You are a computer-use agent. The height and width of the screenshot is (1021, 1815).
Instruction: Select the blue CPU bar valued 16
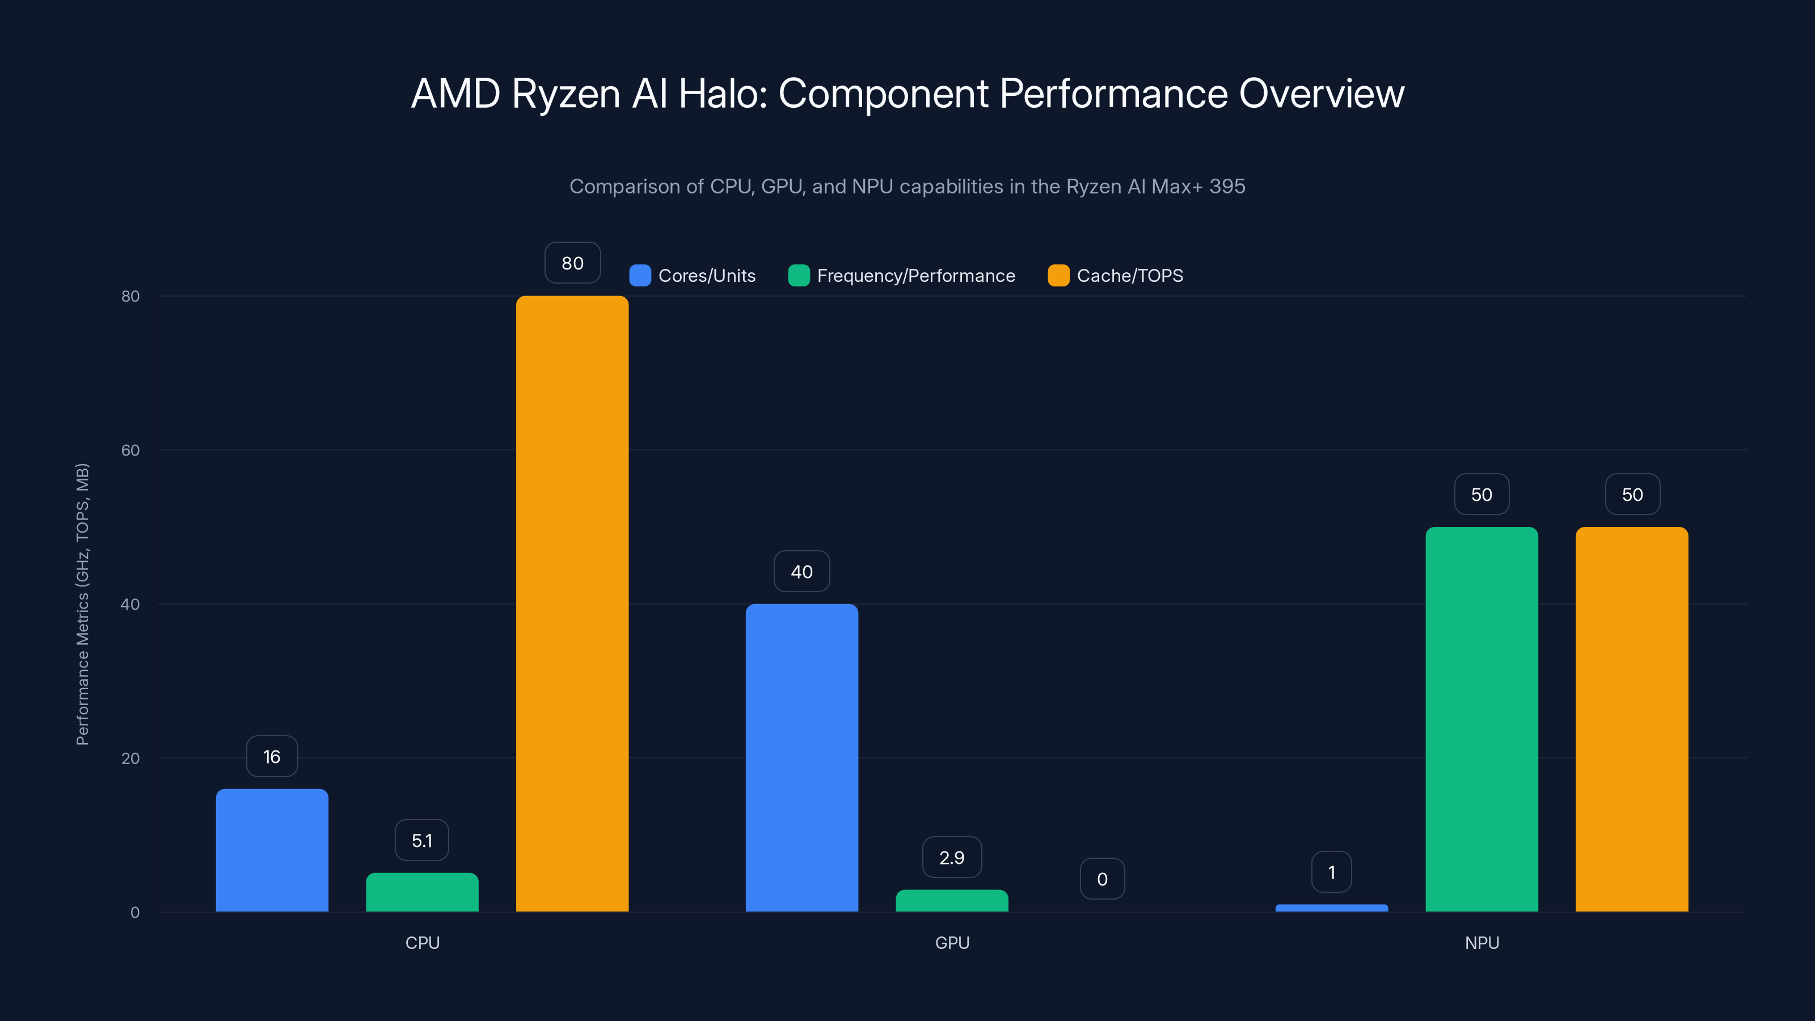(272, 850)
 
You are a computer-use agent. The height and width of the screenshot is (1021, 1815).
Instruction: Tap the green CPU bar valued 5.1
(422, 892)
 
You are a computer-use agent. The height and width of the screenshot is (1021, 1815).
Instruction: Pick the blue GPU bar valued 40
(802, 757)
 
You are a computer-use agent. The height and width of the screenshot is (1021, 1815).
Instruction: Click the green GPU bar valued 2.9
(952, 901)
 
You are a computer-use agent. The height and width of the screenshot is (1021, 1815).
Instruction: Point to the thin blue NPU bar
(1332, 908)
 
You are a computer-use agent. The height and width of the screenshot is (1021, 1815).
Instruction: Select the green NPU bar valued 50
(1481, 719)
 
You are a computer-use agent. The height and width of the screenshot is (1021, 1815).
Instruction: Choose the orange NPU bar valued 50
(1632, 719)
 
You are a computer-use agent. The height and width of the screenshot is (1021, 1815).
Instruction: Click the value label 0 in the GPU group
(1102, 879)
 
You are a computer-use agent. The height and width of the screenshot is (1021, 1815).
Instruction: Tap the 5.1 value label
(422, 840)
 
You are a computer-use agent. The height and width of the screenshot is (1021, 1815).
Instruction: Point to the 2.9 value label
(952, 857)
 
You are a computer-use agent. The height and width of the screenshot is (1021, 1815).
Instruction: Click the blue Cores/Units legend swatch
(640, 276)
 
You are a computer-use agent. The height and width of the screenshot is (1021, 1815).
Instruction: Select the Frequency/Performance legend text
(916, 276)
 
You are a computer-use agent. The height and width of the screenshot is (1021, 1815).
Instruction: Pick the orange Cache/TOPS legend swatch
(1058, 276)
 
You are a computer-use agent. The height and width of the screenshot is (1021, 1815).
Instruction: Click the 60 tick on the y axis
(130, 450)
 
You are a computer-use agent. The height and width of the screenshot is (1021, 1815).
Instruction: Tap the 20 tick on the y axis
(130, 758)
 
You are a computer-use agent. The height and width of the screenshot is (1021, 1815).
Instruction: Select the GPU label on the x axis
(952, 943)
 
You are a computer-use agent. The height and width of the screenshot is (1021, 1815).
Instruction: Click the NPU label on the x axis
(1481, 943)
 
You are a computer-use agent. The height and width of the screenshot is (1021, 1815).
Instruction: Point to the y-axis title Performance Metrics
(82, 604)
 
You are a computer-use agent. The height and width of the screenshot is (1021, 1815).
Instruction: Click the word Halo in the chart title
(722, 94)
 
